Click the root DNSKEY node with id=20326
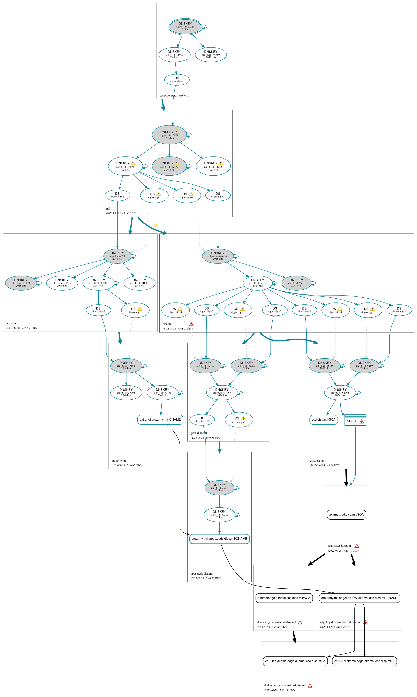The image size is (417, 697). coord(185,27)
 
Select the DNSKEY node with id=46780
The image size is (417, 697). coord(211,55)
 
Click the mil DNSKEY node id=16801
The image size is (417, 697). coord(169,135)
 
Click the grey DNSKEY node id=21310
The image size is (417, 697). coord(21,283)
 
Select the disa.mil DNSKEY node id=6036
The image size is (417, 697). coord(257,283)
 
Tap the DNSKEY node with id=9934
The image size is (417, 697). coord(296,283)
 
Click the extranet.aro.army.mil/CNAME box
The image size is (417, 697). coord(160,420)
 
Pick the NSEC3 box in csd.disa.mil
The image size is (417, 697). coord(355,421)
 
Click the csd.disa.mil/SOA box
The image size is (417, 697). coord(323,420)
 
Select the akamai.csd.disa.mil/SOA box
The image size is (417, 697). coord(346,515)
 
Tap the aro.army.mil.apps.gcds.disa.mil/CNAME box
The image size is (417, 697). coord(219,539)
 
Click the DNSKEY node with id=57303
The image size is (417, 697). coord(219,515)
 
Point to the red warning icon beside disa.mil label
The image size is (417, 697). coord(191,324)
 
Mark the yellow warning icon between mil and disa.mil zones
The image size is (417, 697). coord(156,225)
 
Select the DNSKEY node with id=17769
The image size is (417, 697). coord(222,393)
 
